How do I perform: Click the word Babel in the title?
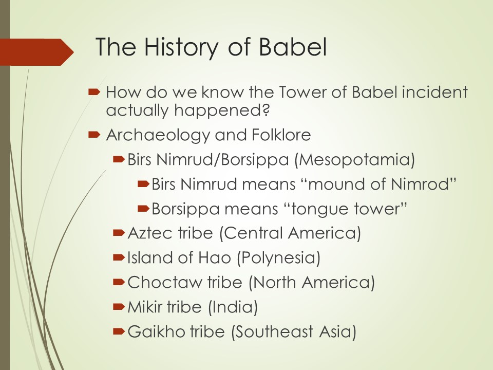click(293, 47)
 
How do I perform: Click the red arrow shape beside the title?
click(37, 52)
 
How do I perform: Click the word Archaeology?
click(158, 135)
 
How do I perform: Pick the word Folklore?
click(281, 135)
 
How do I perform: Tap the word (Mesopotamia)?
click(355, 159)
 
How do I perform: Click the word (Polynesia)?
click(278, 258)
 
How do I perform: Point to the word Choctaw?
click(165, 282)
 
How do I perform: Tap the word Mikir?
click(146, 307)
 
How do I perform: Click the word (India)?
click(233, 307)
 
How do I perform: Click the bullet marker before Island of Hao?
click(119, 257)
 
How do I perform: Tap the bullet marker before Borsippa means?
click(143, 208)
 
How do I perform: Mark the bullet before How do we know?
click(94, 92)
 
